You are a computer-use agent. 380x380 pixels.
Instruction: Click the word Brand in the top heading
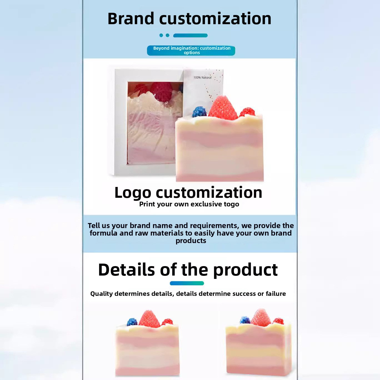point(131,19)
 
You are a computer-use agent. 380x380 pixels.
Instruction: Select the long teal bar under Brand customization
point(190,36)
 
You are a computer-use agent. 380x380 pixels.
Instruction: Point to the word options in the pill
point(192,53)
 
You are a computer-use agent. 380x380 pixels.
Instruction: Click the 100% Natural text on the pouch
point(202,77)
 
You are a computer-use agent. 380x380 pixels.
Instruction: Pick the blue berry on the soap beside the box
point(199,112)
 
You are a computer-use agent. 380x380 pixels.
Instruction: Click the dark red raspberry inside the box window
point(162,91)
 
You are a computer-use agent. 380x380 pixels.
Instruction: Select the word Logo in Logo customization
point(133,193)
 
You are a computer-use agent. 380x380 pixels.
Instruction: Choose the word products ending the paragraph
point(191,241)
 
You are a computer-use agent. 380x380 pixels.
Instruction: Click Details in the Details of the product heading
point(126,269)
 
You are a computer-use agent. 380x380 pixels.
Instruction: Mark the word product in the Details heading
point(246,270)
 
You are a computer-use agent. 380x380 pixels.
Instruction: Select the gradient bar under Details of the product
point(187,283)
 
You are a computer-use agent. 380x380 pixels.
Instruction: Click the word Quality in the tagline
point(102,294)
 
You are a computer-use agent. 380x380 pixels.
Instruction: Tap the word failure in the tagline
point(276,294)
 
